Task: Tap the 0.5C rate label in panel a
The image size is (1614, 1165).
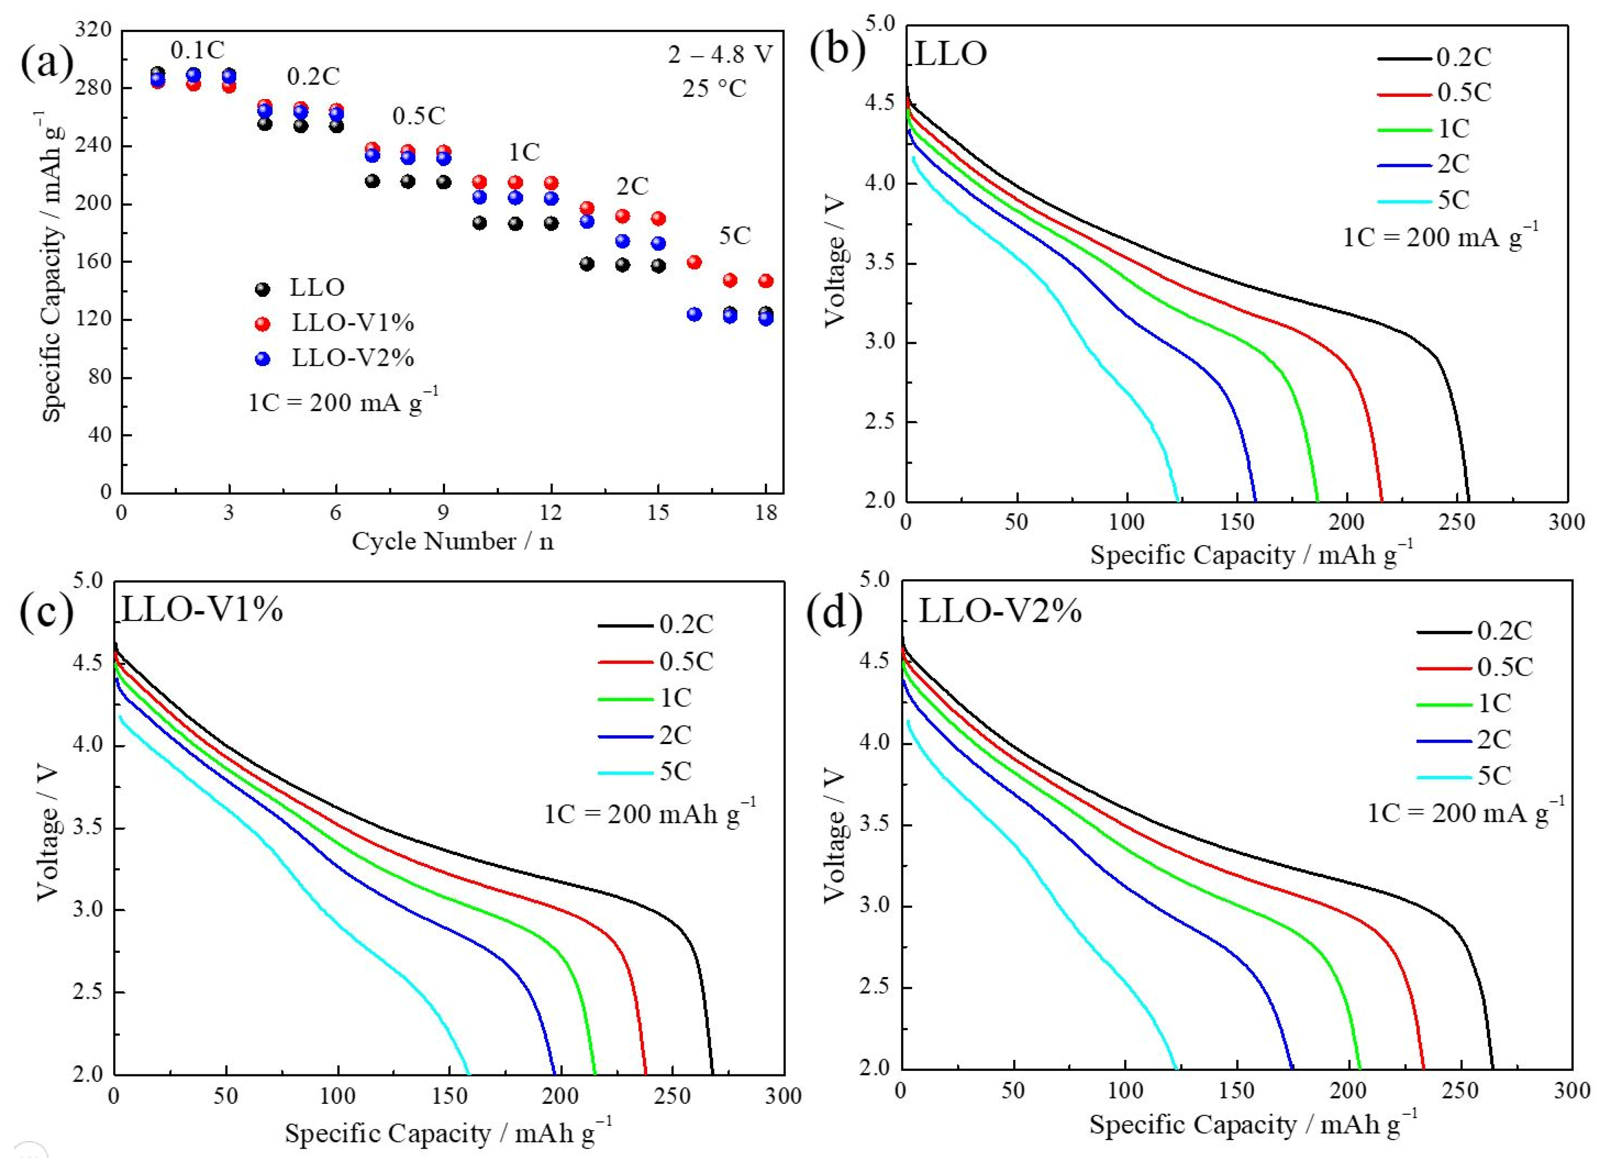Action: point(418,115)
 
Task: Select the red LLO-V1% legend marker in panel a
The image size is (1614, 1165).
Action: point(262,324)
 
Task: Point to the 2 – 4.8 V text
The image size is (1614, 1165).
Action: point(719,55)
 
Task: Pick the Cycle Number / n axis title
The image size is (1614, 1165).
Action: point(453,542)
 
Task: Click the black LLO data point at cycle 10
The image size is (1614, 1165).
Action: point(479,223)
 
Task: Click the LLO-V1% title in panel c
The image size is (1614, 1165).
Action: point(202,610)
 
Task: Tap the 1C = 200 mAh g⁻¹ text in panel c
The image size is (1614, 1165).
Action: point(649,814)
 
